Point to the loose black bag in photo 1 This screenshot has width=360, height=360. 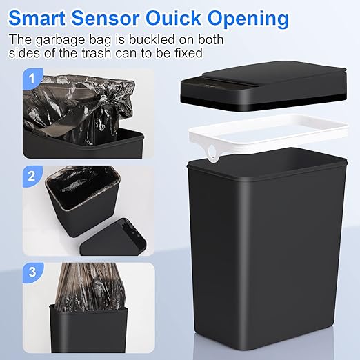(x=76, y=103)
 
